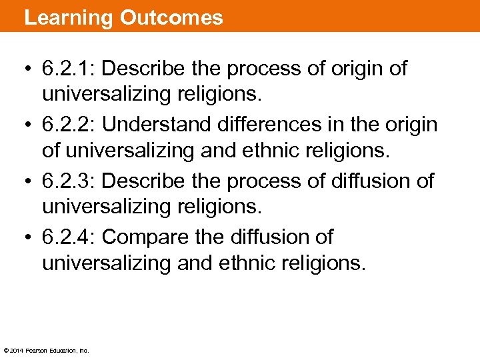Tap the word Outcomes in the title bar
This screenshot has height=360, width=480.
171,17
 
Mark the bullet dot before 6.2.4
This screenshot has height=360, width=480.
29,237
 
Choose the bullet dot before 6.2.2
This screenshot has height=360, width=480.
29,125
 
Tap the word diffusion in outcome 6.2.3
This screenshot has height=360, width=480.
376,181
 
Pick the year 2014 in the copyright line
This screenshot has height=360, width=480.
17,350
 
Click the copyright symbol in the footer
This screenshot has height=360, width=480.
6,350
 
